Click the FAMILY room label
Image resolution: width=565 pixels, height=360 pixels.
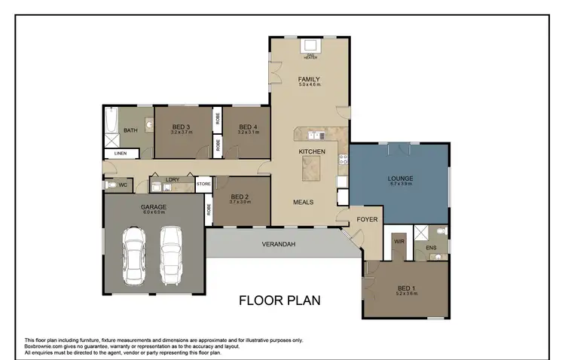click(309, 79)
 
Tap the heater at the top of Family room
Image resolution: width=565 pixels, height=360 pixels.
click(310, 47)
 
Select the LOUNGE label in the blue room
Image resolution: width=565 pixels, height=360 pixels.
click(399, 178)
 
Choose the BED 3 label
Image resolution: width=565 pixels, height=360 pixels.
click(182, 127)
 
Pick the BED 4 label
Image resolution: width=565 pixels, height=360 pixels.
click(248, 127)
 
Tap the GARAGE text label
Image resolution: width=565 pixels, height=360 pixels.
click(153, 206)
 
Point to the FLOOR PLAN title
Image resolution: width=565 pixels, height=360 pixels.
click(279, 301)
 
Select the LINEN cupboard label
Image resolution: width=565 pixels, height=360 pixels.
click(121, 154)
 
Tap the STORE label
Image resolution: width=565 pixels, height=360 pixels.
click(203, 184)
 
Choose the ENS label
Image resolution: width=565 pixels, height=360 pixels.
click(431, 246)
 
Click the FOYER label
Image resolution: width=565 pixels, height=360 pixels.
click(367, 220)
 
